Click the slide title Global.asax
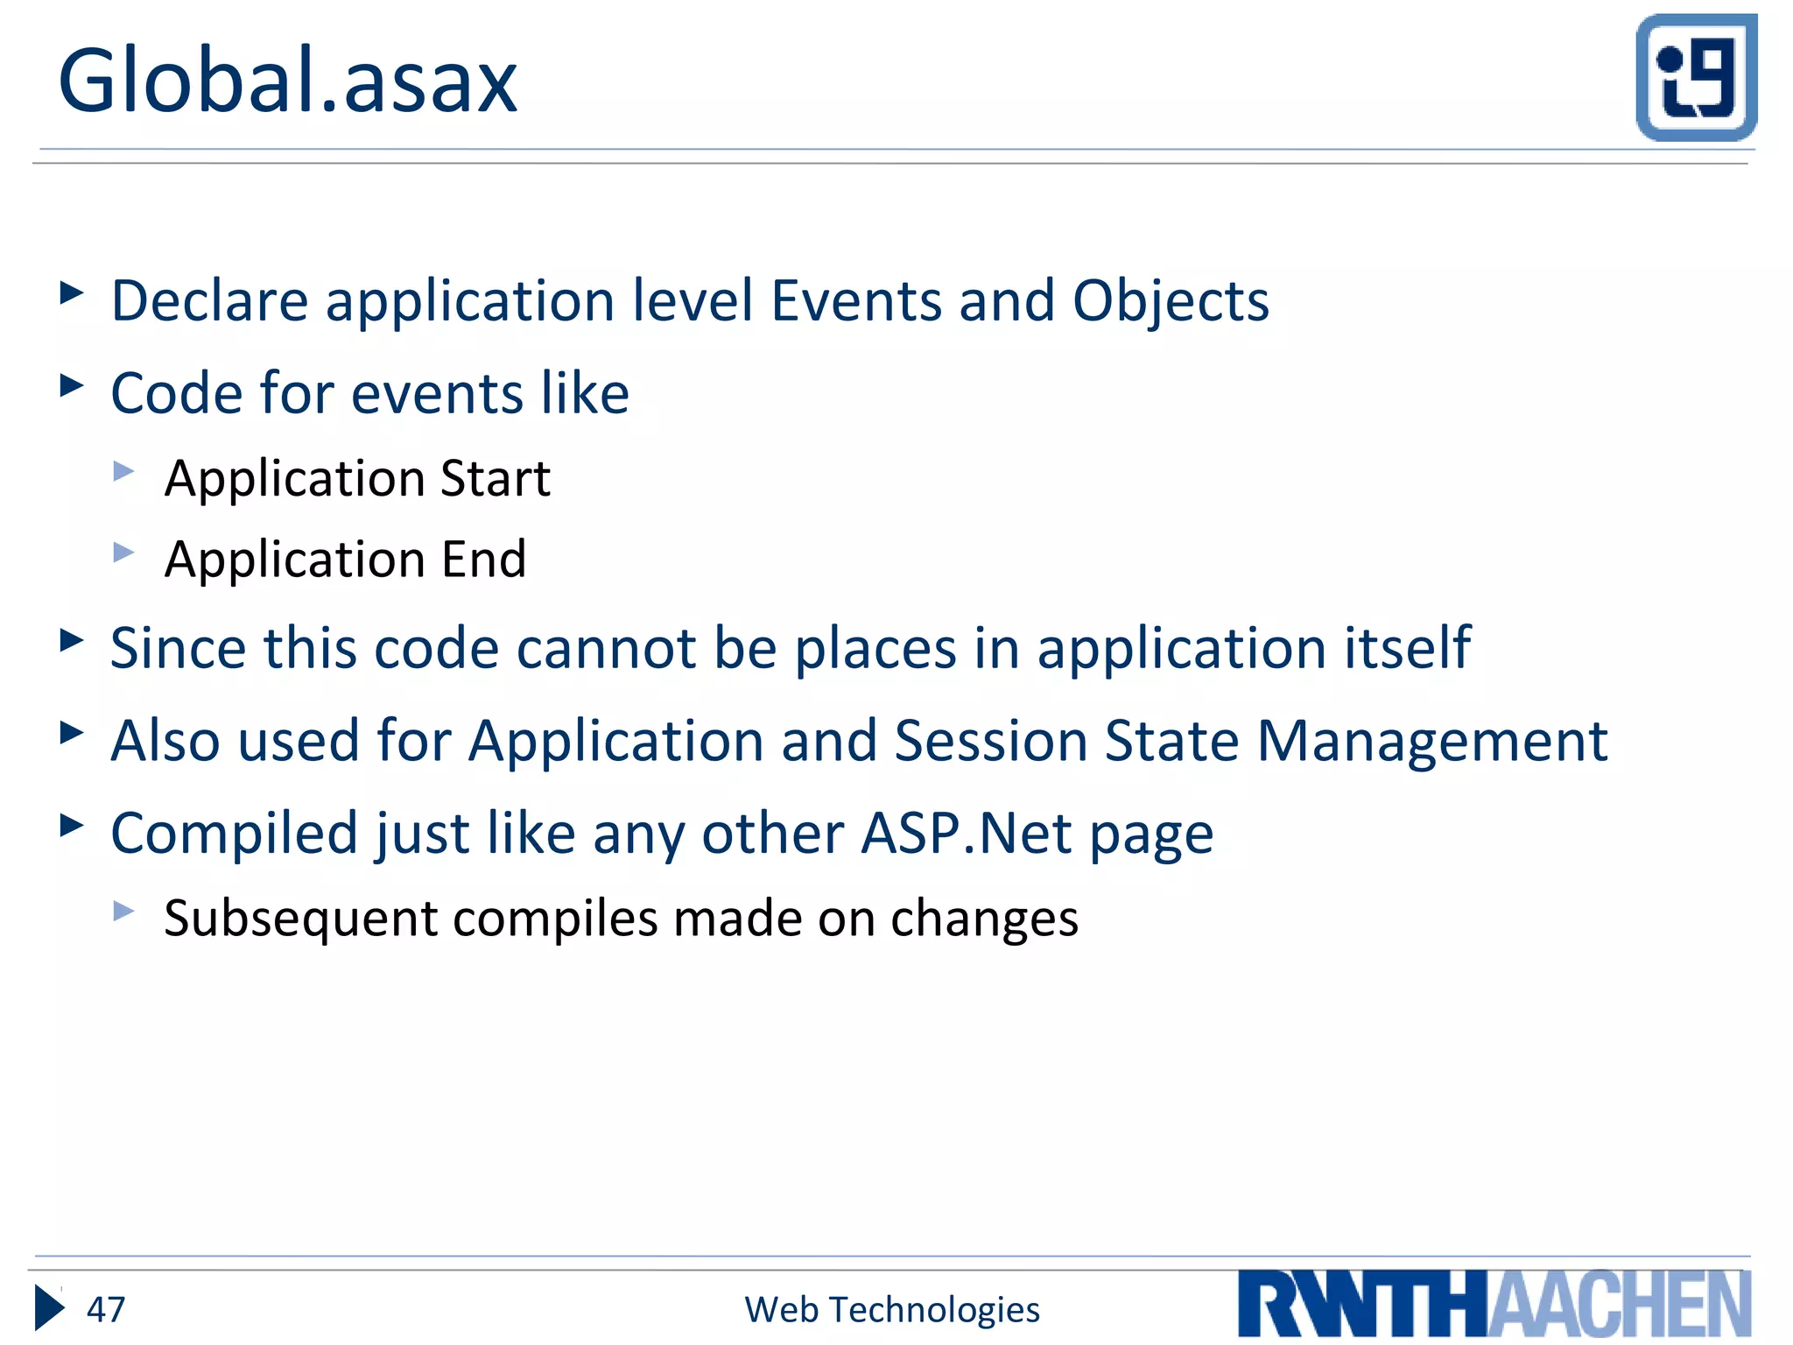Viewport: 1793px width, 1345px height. coord(287,81)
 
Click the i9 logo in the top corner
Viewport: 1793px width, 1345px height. coord(1696,77)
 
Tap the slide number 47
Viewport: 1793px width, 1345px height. coord(106,1310)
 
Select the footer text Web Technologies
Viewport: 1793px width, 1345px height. coord(891,1310)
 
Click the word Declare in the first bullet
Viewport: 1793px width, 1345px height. coord(209,301)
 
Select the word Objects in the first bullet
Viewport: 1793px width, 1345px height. coord(1171,301)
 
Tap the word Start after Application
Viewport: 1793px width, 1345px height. coord(495,479)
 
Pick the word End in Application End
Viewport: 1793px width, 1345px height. coord(483,560)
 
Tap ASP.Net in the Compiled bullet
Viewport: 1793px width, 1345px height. coord(966,833)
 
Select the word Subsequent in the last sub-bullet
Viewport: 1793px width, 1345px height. coord(300,919)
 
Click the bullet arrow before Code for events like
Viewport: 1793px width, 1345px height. coord(71,385)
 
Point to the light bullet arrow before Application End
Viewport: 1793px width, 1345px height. coord(123,553)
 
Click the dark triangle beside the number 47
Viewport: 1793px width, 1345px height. coord(49,1308)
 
